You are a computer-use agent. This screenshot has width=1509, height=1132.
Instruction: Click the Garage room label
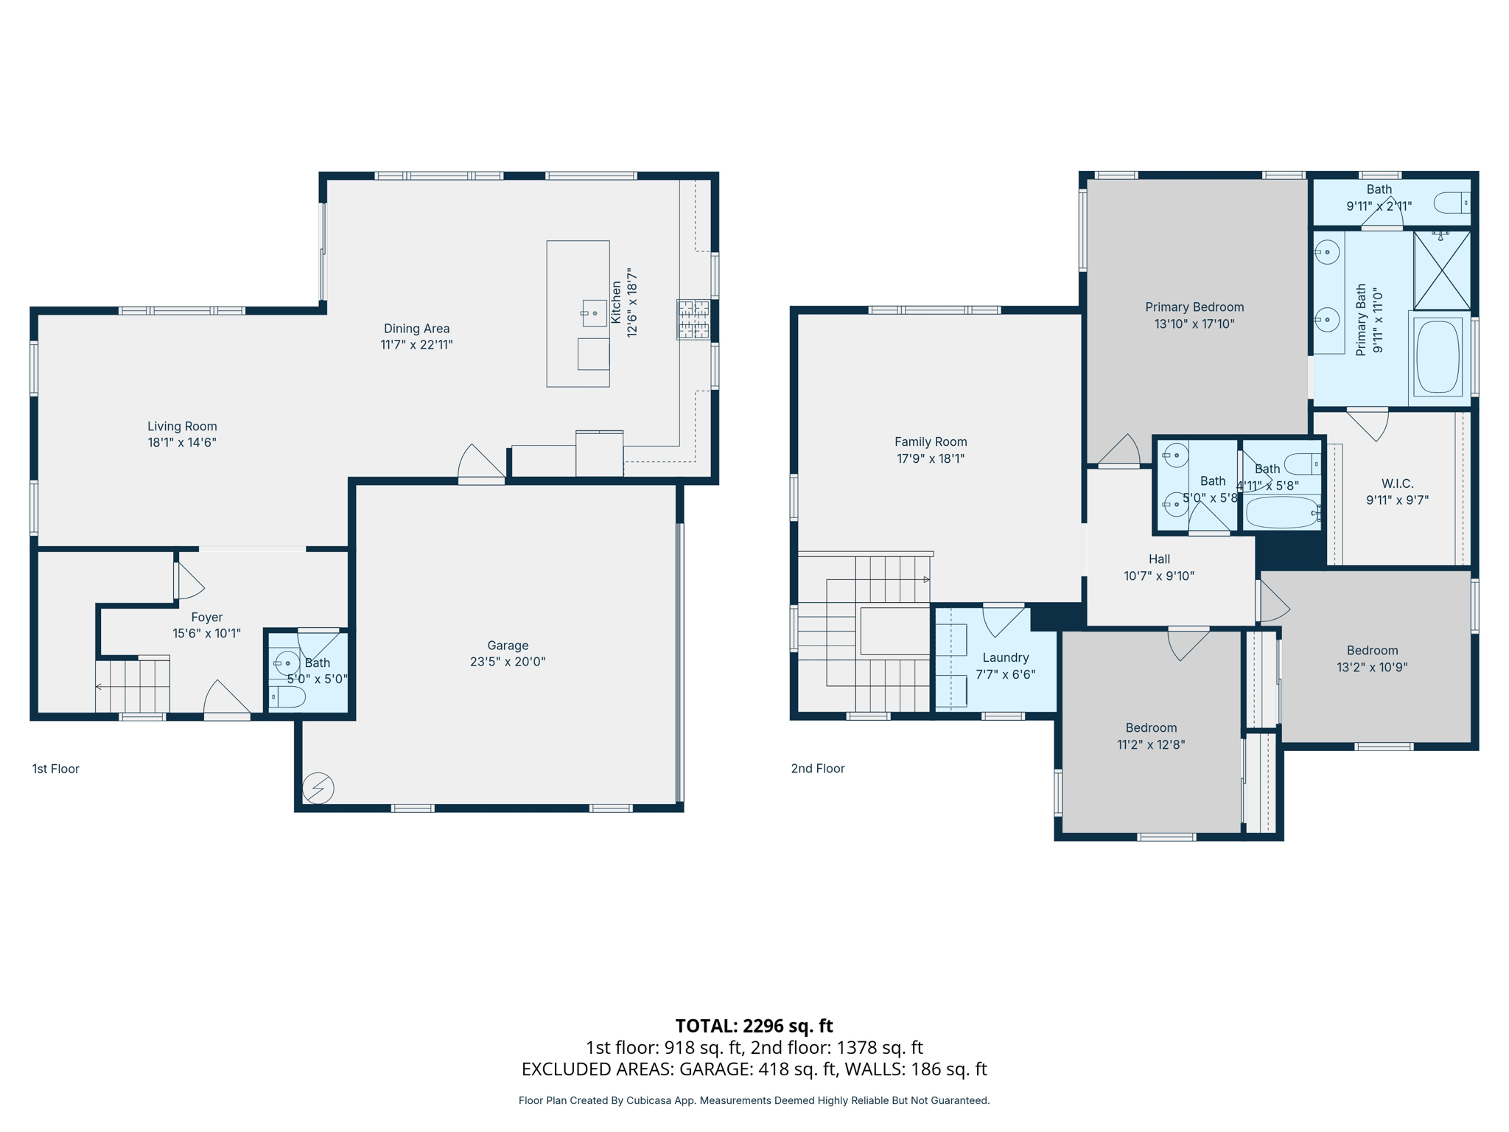(508, 645)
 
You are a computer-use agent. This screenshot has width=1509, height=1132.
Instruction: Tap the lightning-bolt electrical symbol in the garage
(318, 788)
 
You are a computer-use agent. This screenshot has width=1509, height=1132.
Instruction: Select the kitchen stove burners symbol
(693, 319)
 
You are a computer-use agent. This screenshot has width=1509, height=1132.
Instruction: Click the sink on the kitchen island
(595, 313)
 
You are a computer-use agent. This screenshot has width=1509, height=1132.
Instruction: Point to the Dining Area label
(416, 329)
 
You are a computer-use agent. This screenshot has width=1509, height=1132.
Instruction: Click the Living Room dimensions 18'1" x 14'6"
(182, 442)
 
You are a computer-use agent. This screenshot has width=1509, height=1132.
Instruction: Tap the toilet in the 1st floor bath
(288, 696)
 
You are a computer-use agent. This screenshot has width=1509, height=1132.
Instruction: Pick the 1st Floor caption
(55, 769)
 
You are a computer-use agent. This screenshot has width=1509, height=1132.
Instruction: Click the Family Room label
(931, 441)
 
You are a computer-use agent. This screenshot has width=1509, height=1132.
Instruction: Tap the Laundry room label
(1005, 657)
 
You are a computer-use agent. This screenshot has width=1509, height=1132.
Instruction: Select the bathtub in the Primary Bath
(1438, 357)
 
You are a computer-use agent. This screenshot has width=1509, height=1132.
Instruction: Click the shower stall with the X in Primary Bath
(1442, 270)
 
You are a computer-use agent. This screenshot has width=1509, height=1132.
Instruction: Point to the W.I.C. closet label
(1397, 483)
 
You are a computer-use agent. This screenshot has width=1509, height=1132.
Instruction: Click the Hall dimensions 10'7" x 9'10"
(1159, 576)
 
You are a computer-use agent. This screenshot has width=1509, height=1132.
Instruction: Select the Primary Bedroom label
(1194, 307)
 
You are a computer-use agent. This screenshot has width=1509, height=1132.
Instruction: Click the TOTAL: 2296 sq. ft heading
(754, 1025)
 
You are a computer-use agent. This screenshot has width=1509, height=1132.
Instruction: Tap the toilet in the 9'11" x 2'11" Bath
(1452, 203)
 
